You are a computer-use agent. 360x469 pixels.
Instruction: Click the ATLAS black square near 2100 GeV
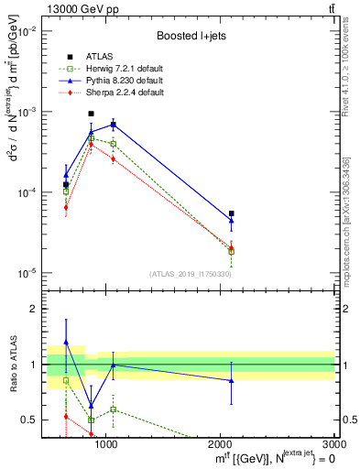(231, 213)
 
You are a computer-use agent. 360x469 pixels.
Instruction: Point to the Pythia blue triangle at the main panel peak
(113, 124)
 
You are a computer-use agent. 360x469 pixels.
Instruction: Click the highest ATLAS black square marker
(91, 114)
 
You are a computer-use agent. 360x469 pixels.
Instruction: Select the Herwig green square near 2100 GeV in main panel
(231, 251)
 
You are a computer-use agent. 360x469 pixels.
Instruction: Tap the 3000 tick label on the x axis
(333, 443)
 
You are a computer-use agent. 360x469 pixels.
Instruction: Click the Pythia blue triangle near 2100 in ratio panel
(231, 380)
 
